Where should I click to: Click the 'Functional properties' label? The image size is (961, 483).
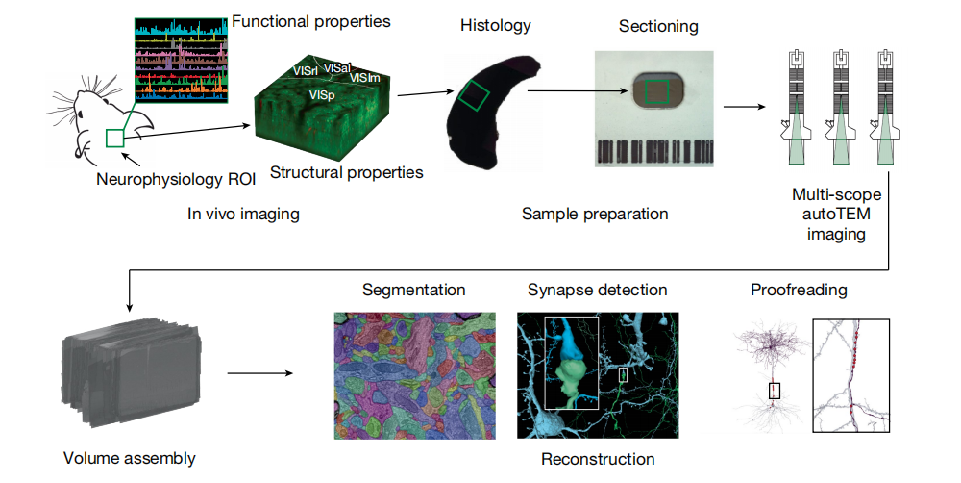click(x=311, y=21)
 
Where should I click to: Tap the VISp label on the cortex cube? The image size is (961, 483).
click(x=322, y=95)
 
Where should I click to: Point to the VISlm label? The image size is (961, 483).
click(x=364, y=78)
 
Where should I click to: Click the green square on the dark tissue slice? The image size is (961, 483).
click(x=473, y=96)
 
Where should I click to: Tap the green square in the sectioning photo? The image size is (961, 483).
click(x=656, y=91)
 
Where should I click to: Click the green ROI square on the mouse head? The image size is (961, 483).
click(x=115, y=138)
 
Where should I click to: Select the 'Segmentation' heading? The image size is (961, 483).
click(x=414, y=290)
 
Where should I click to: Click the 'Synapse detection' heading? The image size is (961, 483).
click(x=597, y=290)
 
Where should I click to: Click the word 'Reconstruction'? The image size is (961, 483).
click(x=598, y=459)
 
